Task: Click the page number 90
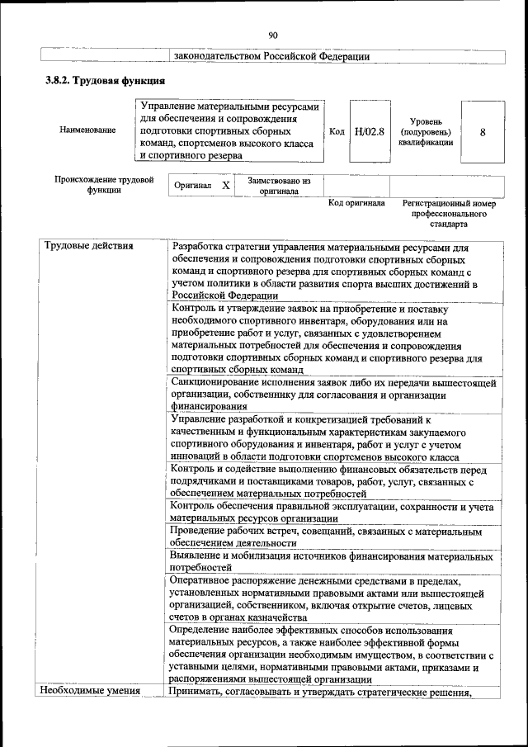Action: point(273,35)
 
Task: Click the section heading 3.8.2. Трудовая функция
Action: point(105,81)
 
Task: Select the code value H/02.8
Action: point(369,131)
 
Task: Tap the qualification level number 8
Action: point(483,131)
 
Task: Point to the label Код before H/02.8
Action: point(337,131)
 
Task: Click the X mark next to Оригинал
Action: point(225,187)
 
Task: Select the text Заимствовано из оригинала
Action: point(278,186)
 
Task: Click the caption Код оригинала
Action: point(356,203)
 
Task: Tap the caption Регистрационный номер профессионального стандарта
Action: point(449,213)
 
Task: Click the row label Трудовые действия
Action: point(83,245)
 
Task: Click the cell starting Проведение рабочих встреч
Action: point(326,537)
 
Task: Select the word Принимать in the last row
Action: point(197,691)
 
